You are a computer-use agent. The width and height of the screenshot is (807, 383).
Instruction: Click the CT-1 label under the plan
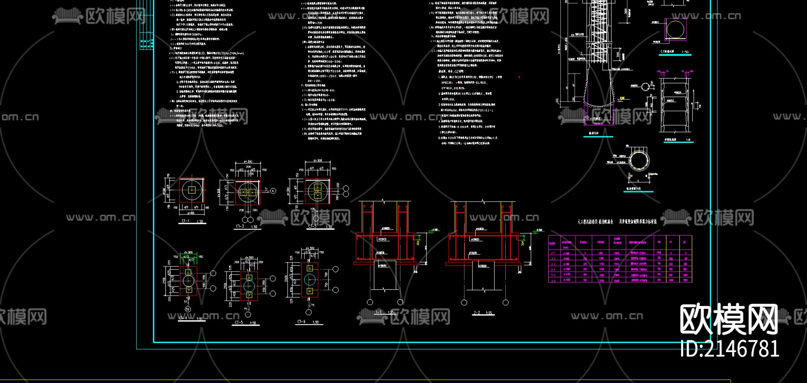186,221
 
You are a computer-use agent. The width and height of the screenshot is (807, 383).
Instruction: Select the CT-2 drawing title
240,226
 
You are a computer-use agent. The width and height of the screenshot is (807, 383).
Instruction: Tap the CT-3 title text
312,226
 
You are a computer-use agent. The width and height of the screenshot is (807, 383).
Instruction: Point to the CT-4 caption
183,318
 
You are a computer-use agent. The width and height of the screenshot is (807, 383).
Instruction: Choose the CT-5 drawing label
239,322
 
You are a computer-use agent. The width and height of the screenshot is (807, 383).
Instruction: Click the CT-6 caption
301,322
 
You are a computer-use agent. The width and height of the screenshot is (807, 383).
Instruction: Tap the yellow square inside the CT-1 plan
192,190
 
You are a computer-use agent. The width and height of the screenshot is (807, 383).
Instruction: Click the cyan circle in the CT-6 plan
309,280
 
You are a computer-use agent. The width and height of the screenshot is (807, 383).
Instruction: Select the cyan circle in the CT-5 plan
249,285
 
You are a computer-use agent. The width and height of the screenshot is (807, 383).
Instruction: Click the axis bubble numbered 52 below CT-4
187,309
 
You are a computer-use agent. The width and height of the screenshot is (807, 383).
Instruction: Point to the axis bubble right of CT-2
273,191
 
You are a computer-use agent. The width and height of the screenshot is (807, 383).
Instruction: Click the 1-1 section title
379,312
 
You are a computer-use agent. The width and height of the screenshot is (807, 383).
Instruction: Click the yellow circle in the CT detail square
675,30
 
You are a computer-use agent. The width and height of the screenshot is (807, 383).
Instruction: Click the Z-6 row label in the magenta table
553,280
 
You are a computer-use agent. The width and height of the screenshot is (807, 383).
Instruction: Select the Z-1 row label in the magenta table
553,253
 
